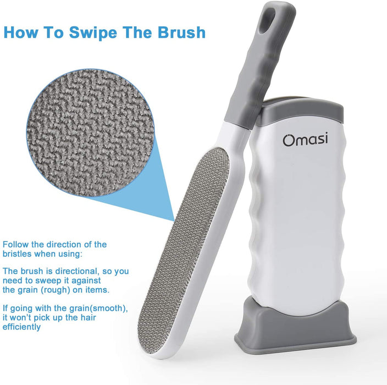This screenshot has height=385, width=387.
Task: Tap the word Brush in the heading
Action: pyautogui.click(x=181, y=32)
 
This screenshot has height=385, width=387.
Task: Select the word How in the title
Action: pyautogui.click(x=21, y=32)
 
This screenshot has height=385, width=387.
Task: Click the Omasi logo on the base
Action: pyautogui.click(x=306, y=139)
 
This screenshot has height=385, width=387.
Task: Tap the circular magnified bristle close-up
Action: pyautogui.click(x=90, y=133)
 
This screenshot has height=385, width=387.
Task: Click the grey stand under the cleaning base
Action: pyautogui.click(x=296, y=326)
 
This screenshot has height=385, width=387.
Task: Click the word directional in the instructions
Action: pyautogui.click(x=77, y=271)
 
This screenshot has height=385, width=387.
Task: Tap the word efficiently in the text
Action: pyautogui.click(x=22, y=327)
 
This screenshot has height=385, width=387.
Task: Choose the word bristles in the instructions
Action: pyautogui.click(x=17, y=254)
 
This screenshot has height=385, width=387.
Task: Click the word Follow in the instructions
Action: pyautogui.click(x=16, y=245)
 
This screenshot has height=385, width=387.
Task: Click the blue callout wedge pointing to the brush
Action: pyautogui.click(x=138, y=188)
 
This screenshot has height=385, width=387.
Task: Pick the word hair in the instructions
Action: pyautogui.click(x=88, y=317)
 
